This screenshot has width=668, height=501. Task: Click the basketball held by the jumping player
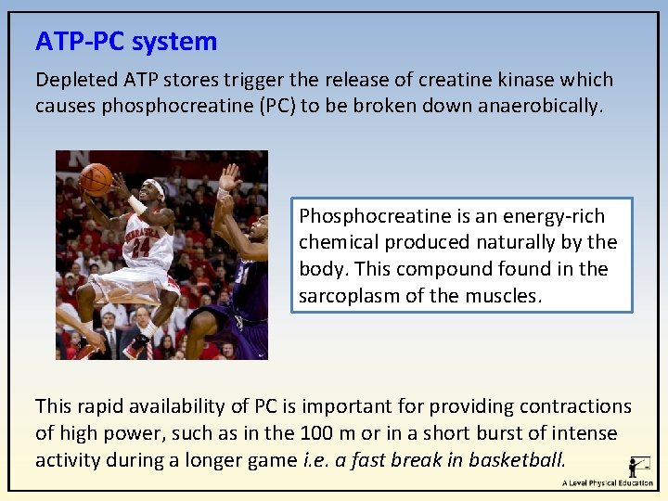pyautogui.click(x=96, y=178)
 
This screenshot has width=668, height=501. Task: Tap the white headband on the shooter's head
pyautogui.click(x=155, y=187)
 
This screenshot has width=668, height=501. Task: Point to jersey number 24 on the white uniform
pyautogui.click(x=139, y=247)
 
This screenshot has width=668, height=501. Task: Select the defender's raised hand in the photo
pyautogui.click(x=228, y=176)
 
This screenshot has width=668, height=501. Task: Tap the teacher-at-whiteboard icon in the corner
pyautogui.click(x=638, y=466)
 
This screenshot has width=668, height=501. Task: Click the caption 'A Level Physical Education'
pyautogui.click(x=607, y=483)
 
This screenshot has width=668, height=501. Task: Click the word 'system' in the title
pyautogui.click(x=174, y=42)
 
